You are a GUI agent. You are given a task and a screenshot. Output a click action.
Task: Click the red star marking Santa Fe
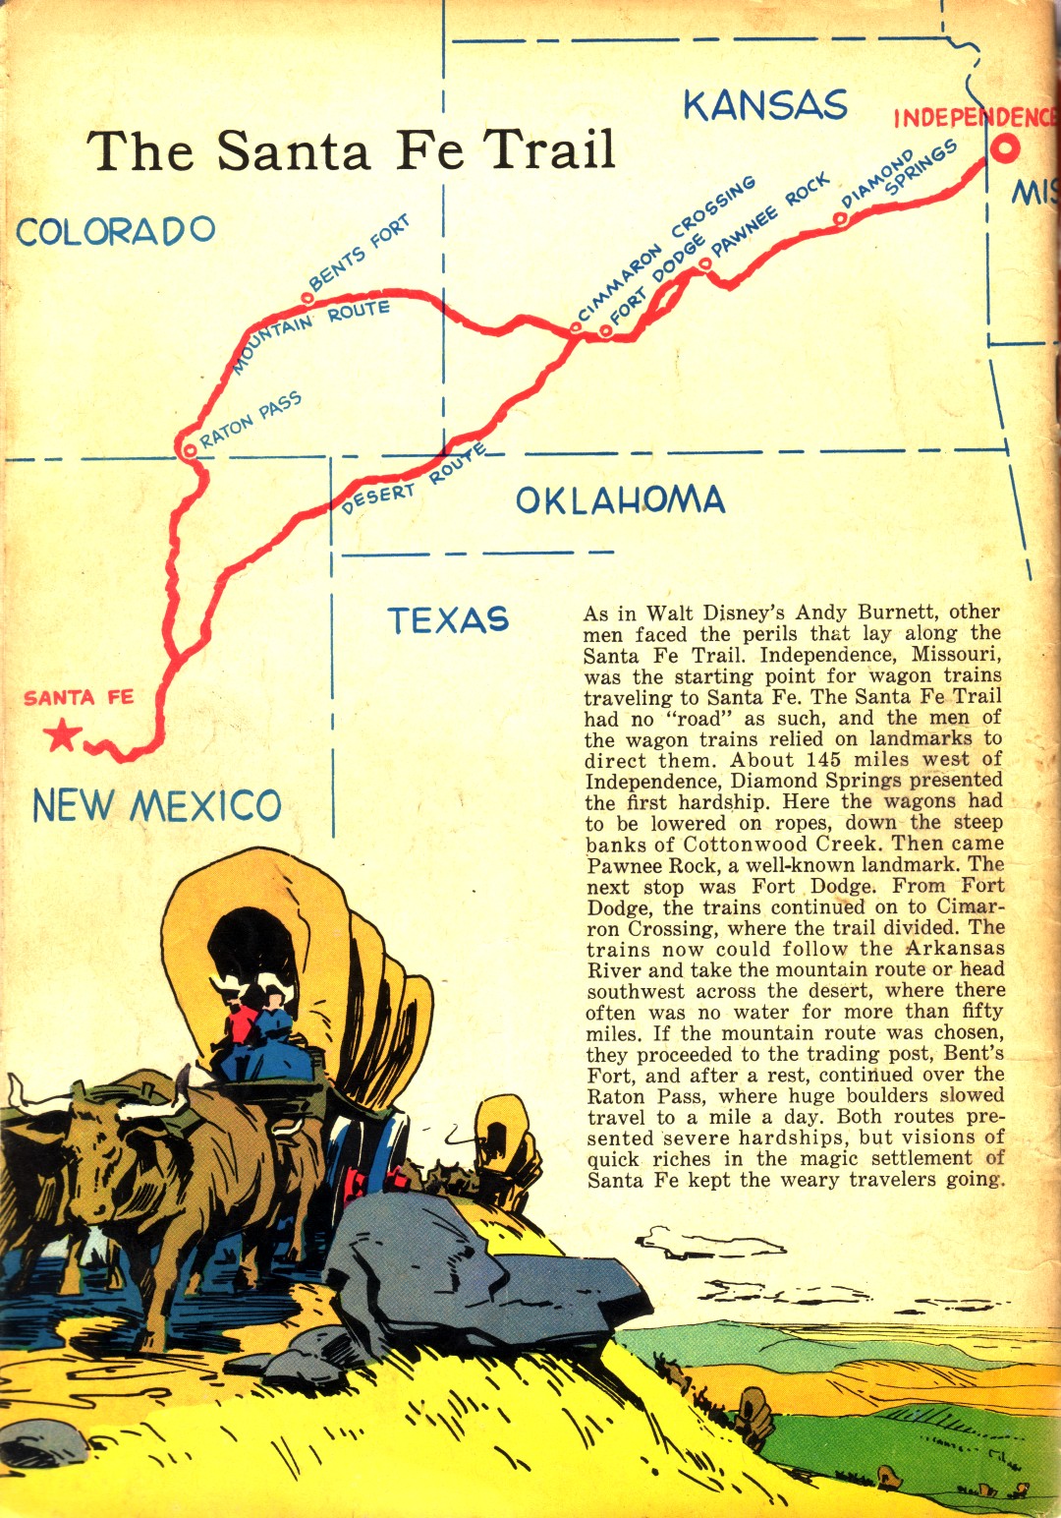pos(63,734)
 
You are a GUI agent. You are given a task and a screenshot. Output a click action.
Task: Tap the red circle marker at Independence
pos(1004,149)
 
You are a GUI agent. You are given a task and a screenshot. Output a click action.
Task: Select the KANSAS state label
pos(765,105)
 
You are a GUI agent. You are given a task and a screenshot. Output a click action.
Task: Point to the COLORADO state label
pos(116,231)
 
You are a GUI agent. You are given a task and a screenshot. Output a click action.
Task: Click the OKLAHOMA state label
pos(620,500)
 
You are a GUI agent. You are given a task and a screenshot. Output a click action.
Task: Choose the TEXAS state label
pos(448,619)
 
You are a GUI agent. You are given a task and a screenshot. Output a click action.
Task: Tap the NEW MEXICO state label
pos(157,806)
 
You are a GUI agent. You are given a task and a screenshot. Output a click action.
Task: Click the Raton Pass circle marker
pos(188,449)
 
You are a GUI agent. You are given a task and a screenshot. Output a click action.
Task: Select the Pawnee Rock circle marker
pos(704,263)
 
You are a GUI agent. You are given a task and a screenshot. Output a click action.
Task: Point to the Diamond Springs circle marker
pos(841,219)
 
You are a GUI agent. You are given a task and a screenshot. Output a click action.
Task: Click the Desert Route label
pos(413,483)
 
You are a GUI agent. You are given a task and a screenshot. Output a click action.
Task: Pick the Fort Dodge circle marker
pos(606,331)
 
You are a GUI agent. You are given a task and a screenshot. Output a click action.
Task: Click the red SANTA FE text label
pos(79,698)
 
